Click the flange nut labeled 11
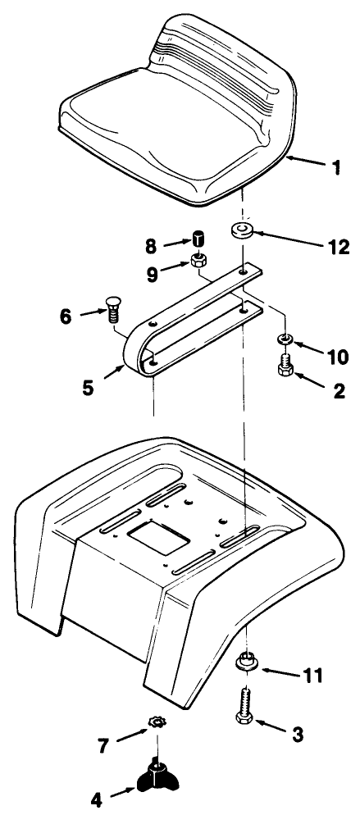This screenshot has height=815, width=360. coord(245,661)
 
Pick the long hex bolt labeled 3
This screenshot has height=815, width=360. coord(245,707)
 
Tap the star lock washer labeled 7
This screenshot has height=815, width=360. coord(156,722)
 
